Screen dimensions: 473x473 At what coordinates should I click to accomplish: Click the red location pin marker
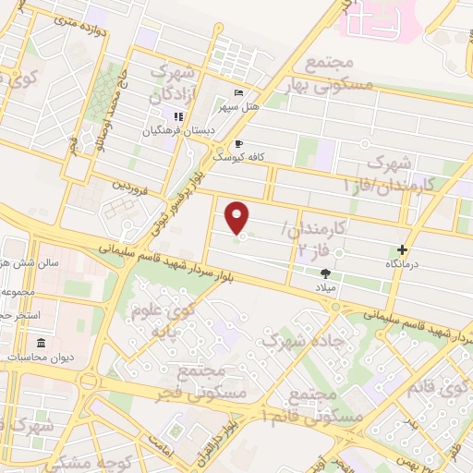tap(239, 218)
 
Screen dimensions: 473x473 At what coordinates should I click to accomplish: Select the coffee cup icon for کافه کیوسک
tap(239, 144)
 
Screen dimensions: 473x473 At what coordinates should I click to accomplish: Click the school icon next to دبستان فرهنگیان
tap(177, 116)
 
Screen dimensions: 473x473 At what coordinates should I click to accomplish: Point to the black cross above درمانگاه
tap(402, 249)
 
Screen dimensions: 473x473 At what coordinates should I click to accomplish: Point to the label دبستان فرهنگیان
tap(178, 131)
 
